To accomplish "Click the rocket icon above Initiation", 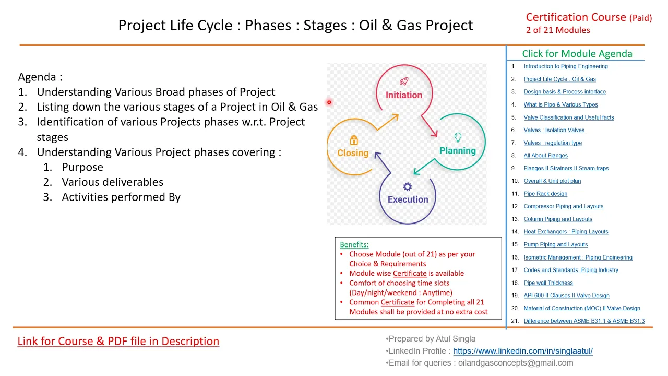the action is pyautogui.click(x=404, y=81).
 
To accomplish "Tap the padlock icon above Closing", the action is pyautogui.click(x=354, y=140).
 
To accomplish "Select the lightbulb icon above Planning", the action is pyautogui.click(x=458, y=137).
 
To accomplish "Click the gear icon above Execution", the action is pyautogui.click(x=408, y=187).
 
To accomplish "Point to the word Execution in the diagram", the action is pyautogui.click(x=408, y=199).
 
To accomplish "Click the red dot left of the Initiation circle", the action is pyautogui.click(x=329, y=102).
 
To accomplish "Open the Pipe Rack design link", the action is pyautogui.click(x=545, y=194).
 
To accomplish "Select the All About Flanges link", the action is pyautogui.click(x=546, y=156).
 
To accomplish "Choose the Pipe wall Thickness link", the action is pyautogui.click(x=548, y=283).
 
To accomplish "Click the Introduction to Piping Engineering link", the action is pyautogui.click(x=566, y=66).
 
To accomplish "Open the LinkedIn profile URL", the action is pyautogui.click(x=523, y=351).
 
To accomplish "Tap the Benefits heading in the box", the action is pyautogui.click(x=354, y=245).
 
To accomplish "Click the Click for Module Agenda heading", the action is pyautogui.click(x=577, y=54).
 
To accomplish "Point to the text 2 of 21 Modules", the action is pyautogui.click(x=558, y=30).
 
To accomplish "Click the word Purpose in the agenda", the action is pyautogui.click(x=82, y=167).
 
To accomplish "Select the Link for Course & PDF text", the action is pyautogui.click(x=118, y=341).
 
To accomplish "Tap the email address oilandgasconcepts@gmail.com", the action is pyautogui.click(x=516, y=363).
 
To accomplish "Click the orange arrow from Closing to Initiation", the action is pyautogui.click(x=388, y=122).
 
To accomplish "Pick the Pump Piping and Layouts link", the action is pyautogui.click(x=556, y=245).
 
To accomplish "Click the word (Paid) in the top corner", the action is pyautogui.click(x=640, y=18).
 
